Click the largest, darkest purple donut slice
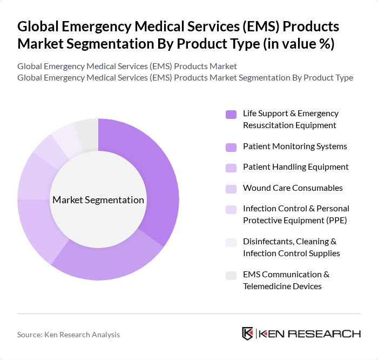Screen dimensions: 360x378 [157, 178]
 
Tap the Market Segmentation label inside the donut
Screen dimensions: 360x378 [98, 200]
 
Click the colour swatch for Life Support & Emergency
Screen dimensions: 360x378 [231, 114]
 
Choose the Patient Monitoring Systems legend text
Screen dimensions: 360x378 [295, 146]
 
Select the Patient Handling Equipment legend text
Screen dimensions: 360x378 [295, 167]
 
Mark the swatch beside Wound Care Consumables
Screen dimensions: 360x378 [231, 189]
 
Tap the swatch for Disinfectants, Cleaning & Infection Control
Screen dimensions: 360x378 [231, 243]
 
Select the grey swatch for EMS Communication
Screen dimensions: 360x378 [231, 276]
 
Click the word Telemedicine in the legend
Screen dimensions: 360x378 [267, 286]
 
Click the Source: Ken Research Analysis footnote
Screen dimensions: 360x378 [69, 335]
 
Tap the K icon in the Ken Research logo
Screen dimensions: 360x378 [248, 334]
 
